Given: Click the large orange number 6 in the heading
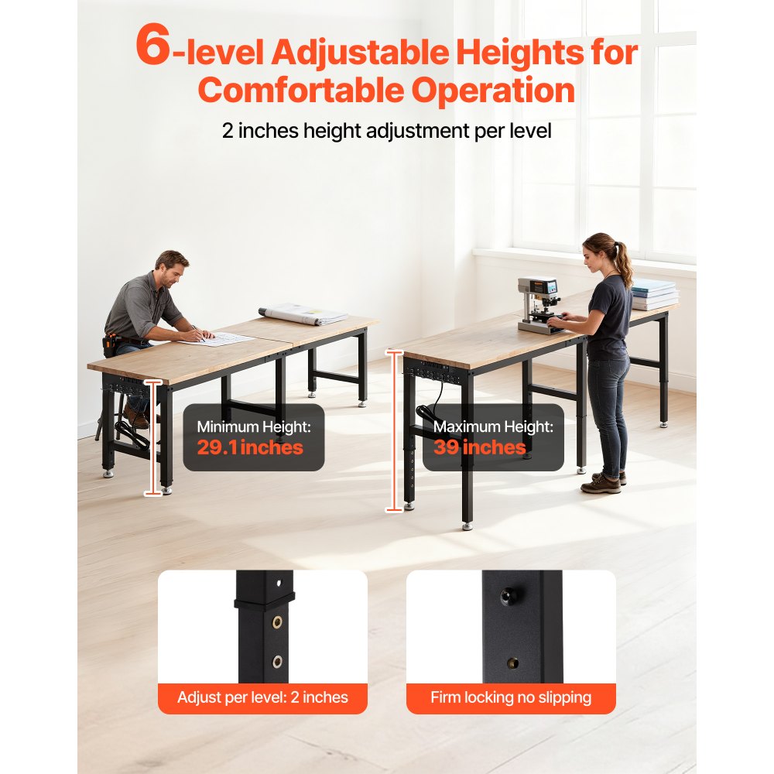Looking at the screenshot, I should pos(152,48).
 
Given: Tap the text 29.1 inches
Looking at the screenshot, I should pos(250,447).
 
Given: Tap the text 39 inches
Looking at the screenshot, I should pos(480,447).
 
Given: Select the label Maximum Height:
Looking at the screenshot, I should pos(493,426).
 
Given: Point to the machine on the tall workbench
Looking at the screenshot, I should pos(539,304).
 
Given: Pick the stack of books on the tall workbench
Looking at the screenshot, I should pos(654,295).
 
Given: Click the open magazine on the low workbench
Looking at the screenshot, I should pos(303,313).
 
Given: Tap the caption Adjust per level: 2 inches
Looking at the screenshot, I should pos(262,697).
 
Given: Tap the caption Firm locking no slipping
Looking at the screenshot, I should pos(511,697).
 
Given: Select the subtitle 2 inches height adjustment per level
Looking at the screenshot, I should pos(386,131).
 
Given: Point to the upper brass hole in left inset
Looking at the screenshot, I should pos(277,623).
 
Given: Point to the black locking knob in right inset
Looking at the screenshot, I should pos(506,597).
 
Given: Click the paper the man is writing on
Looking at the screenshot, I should pos(224,339).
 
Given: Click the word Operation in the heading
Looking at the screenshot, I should pos(493,91).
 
